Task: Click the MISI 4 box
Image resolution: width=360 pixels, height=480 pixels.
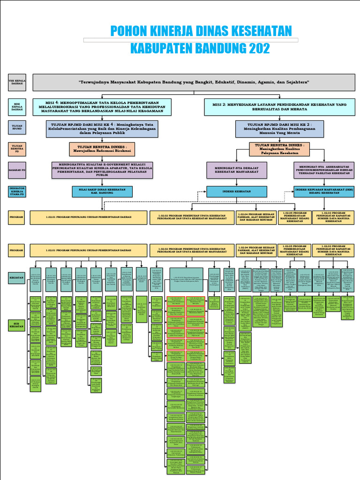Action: pyautogui.click(x=102, y=107)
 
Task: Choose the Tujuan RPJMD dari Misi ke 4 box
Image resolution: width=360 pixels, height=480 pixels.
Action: pyautogui.click(x=102, y=129)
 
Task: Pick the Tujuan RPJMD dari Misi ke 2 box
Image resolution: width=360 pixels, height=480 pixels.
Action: pyautogui.click(x=279, y=128)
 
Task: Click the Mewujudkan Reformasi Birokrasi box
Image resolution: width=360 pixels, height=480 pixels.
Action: pyautogui.click(x=102, y=149)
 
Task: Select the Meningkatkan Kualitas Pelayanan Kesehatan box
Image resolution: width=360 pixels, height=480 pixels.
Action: pyautogui.click(x=279, y=149)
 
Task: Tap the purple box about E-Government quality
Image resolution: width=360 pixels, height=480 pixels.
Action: pyautogui.click(x=102, y=170)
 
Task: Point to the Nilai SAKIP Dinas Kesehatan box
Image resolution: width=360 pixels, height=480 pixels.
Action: pyautogui.click(x=102, y=191)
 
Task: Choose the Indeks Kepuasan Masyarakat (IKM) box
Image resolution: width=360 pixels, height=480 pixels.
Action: pyautogui.click(x=323, y=191)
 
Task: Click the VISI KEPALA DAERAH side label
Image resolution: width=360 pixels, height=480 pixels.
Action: pyautogui.click(x=17, y=82)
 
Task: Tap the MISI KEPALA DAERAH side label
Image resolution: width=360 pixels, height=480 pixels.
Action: pyautogui.click(x=17, y=107)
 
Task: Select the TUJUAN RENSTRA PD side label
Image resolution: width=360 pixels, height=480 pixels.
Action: pyautogui.click(x=17, y=149)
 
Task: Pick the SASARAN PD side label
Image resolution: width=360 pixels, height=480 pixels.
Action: pyautogui.click(x=17, y=170)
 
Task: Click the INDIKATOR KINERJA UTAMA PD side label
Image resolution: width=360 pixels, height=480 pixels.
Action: pyautogui.click(x=17, y=191)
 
